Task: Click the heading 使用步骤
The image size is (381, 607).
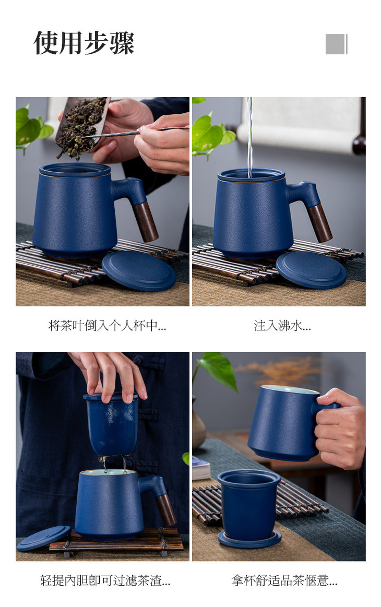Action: pos(84,43)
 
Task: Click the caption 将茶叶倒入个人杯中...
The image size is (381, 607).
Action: pos(107,326)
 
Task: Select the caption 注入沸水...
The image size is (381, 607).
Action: pos(282,326)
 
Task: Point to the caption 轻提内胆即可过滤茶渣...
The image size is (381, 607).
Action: pos(105,580)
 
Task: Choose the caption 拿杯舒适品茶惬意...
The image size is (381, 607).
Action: pos(284,580)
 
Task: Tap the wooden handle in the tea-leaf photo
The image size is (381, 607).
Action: pos(145,221)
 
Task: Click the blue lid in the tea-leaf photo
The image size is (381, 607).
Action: pos(139,270)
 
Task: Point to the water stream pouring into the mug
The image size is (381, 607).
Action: pos(250,137)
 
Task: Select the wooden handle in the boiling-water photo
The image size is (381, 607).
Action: pos(319,223)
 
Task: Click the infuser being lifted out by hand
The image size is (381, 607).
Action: pos(112,424)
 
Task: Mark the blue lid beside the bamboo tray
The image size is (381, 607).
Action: pos(43,538)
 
